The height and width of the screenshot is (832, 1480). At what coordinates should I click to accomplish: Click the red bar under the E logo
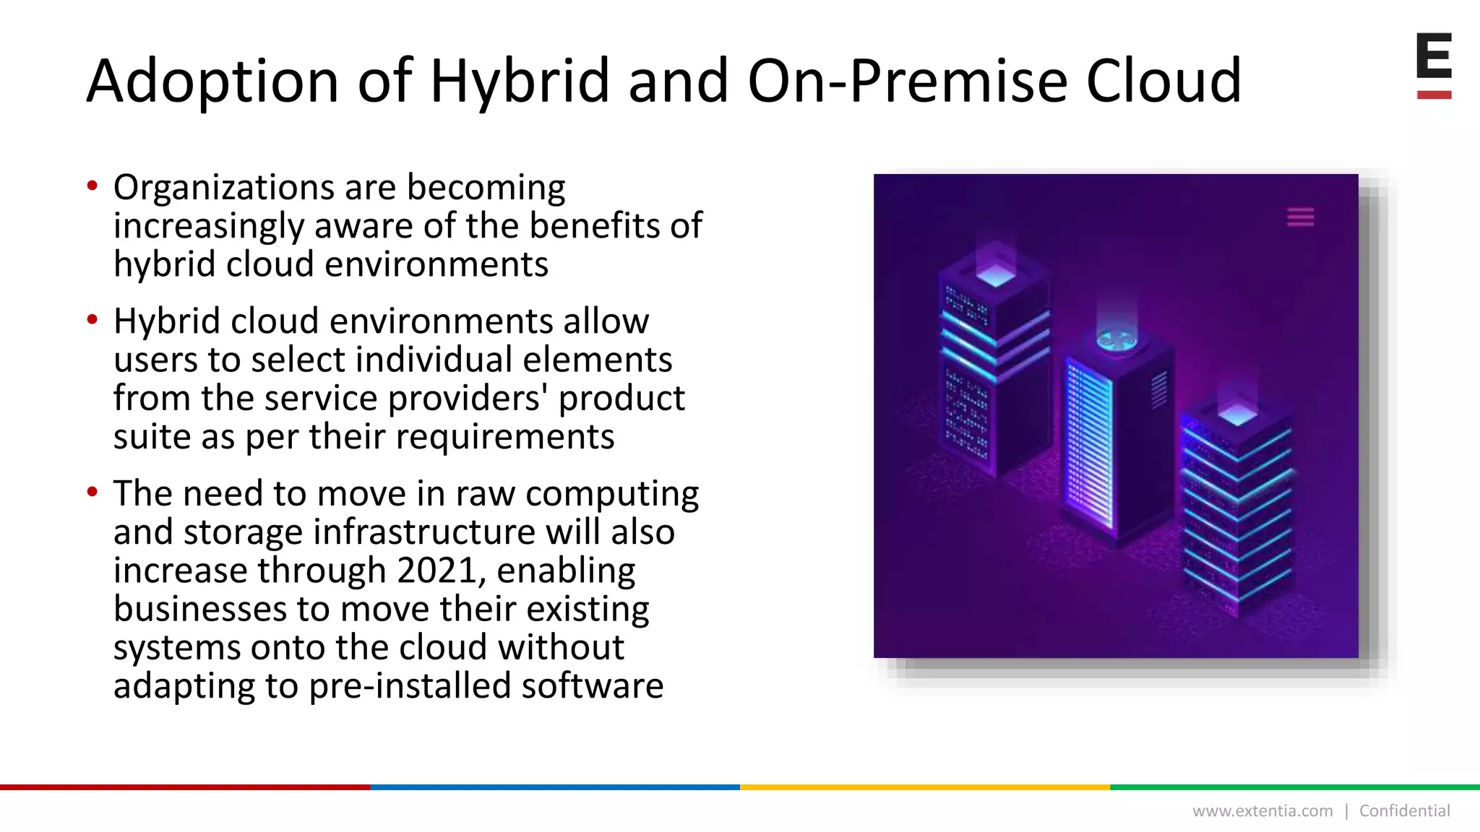click(1434, 95)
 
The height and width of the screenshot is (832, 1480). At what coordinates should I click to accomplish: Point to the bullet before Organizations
click(92, 186)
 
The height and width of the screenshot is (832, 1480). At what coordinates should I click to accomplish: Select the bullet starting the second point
click(92, 320)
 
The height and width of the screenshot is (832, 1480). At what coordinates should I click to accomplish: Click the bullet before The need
click(92, 493)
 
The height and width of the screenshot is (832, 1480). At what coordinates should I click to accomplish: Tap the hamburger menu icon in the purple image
click(1300, 217)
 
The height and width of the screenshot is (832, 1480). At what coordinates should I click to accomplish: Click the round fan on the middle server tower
click(1117, 339)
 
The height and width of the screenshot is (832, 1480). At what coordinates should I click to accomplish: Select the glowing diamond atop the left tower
click(996, 275)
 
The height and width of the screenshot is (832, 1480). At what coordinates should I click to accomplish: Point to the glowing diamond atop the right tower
click(1238, 415)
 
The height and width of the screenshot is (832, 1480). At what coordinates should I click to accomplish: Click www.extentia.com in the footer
click(1262, 811)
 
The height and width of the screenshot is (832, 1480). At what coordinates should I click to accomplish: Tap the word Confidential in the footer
click(1404, 811)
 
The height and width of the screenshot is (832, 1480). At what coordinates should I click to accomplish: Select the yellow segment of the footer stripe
click(925, 787)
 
